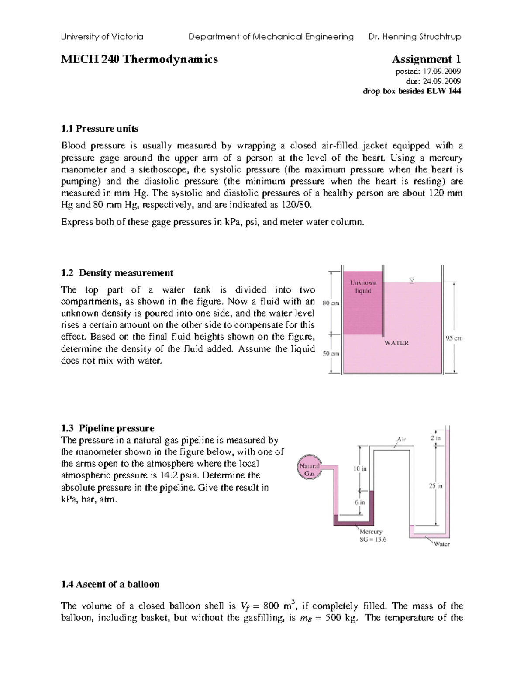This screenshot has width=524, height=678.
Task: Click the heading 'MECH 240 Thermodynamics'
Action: click(139, 59)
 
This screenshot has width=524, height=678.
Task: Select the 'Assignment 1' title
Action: click(426, 59)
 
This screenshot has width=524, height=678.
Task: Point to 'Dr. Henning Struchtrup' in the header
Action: click(414, 37)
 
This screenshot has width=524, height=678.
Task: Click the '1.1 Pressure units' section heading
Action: click(100, 129)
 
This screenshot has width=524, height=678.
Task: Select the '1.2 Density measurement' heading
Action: click(117, 273)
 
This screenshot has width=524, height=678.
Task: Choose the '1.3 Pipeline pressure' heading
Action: click(107, 428)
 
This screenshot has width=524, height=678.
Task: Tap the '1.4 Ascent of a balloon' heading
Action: click(110, 584)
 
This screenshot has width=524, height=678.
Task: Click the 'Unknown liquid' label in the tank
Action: click(363, 286)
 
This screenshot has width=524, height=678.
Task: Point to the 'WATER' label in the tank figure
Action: click(396, 343)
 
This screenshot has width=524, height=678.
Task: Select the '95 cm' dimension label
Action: click(454, 338)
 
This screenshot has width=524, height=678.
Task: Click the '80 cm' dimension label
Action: click(331, 303)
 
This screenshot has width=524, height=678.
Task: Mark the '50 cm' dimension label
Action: click(331, 354)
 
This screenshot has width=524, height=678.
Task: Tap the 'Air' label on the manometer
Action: click(401, 439)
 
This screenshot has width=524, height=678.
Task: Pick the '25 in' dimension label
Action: click(436, 485)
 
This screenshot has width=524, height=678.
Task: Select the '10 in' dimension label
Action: click(360, 468)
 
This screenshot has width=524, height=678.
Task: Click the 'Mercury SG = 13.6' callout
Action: click(372, 536)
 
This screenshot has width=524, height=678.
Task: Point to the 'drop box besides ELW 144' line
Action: click(412, 91)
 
